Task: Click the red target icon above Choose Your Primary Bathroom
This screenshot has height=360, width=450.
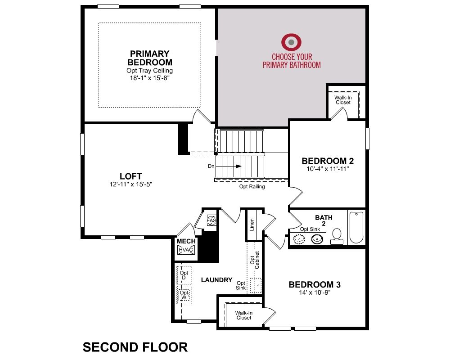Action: coord(291,42)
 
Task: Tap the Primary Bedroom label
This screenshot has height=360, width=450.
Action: coord(150,58)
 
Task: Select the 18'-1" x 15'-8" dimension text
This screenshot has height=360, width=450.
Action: coord(150,78)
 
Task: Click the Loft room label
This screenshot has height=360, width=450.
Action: coord(131,176)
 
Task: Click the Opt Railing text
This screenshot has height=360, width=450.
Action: coord(252,187)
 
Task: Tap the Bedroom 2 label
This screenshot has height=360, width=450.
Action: coord(328,161)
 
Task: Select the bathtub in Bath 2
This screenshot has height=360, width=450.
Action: coord(356,228)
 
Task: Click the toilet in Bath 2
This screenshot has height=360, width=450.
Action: coord(337,237)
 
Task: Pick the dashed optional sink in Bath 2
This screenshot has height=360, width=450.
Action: coord(299,239)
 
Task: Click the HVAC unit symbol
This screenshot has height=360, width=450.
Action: coord(186,250)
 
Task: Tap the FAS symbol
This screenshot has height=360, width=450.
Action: coord(211,220)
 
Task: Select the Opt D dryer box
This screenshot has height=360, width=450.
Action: coord(184,275)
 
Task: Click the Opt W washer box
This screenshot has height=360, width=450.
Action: coord(184,295)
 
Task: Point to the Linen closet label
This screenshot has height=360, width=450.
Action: coord(252,225)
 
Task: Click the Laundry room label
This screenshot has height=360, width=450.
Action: coord(217,280)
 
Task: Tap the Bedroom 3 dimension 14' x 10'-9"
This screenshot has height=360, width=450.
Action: coord(315,292)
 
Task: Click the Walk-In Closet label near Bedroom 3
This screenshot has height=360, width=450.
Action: coord(243,315)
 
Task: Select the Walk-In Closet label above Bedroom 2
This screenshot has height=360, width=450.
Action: coord(343,100)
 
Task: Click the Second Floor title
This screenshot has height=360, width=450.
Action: coord(135,347)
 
